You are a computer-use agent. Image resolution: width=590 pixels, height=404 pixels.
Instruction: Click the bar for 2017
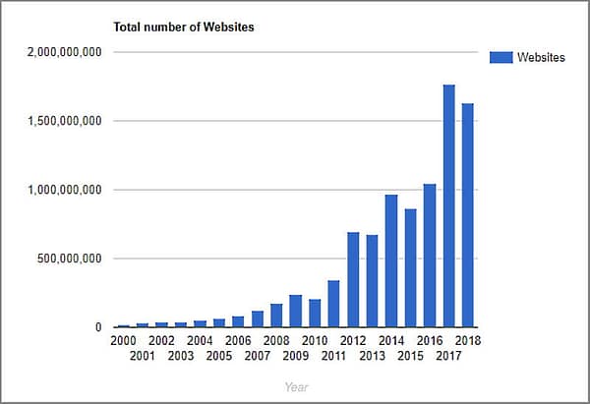[449, 206]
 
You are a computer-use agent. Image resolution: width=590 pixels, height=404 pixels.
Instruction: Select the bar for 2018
[468, 215]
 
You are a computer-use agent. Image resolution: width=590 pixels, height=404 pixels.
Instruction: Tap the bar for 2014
[391, 261]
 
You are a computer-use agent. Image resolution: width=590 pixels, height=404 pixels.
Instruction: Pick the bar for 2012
[353, 280]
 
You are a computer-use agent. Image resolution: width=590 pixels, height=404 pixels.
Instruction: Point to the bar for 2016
[430, 256]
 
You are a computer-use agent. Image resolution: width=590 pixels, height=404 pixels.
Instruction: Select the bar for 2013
[372, 281]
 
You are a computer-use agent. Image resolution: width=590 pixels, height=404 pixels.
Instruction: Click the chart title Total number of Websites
[184, 27]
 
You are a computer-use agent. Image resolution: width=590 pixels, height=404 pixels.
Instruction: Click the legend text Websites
[542, 57]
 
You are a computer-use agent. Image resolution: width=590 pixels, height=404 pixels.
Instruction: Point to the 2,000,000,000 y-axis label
[65, 52]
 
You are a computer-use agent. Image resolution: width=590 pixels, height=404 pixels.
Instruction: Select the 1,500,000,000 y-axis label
[65, 121]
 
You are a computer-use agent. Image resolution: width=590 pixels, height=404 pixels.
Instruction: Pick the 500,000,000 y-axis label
[71, 259]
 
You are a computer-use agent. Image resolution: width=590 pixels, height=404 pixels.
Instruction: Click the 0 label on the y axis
[98, 327]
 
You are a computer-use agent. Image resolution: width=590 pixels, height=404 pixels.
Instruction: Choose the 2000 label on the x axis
[124, 340]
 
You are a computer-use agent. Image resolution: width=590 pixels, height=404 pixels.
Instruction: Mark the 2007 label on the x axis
[257, 355]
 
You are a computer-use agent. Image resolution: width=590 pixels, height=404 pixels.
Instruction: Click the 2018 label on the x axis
[468, 340]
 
